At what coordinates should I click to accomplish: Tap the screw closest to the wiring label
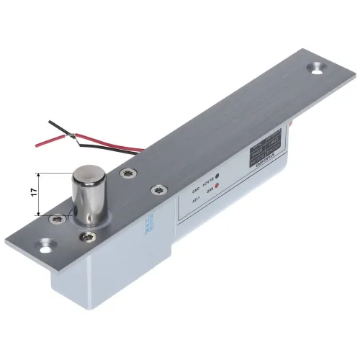point(155,190)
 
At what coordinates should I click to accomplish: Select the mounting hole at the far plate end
point(315,68)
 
